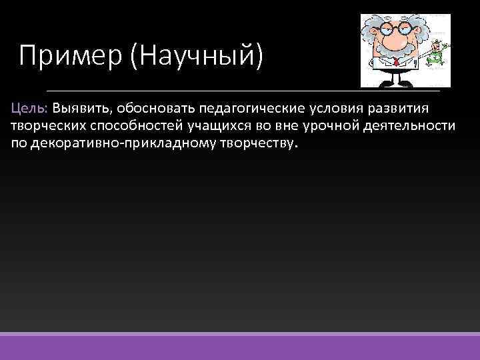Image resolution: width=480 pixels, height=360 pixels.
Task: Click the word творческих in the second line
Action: [43, 126]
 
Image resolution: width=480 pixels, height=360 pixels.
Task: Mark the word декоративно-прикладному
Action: [121, 144]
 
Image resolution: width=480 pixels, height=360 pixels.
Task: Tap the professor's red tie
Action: [396, 64]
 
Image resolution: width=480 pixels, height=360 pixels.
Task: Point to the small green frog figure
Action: [437, 53]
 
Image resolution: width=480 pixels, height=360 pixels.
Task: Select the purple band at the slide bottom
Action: [240, 347]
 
